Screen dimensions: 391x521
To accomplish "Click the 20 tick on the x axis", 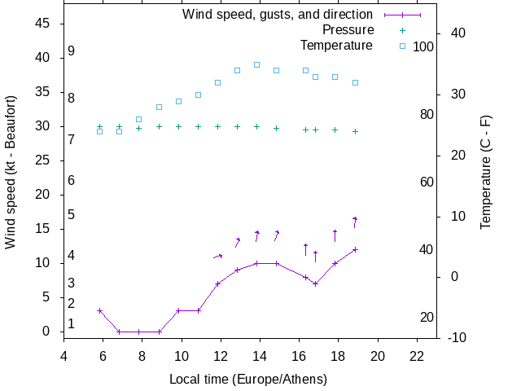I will (378, 355).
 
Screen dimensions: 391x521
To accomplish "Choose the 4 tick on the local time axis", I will (63, 355).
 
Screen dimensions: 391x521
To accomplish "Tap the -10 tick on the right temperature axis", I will (457, 337).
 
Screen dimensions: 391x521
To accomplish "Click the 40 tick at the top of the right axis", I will (457, 33).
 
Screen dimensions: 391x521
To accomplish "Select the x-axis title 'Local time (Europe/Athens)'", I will (247, 380).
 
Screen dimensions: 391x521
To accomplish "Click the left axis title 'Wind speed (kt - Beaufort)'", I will (11, 180).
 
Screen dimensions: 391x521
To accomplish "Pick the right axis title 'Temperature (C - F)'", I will (486, 171).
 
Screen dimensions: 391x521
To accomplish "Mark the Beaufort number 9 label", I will (72, 51).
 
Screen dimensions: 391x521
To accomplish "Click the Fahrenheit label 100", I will (423, 47).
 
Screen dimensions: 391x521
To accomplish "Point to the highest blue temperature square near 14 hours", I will (256, 64).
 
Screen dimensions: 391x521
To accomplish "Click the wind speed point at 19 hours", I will (355, 249).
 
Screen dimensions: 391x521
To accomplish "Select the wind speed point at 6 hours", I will (99, 310).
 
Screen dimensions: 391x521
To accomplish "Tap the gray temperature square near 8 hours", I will (138, 119).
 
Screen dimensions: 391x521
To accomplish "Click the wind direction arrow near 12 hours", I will (217, 257).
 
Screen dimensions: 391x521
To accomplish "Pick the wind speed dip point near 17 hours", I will (315, 283).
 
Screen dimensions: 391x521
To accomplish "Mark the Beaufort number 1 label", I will (72, 323).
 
